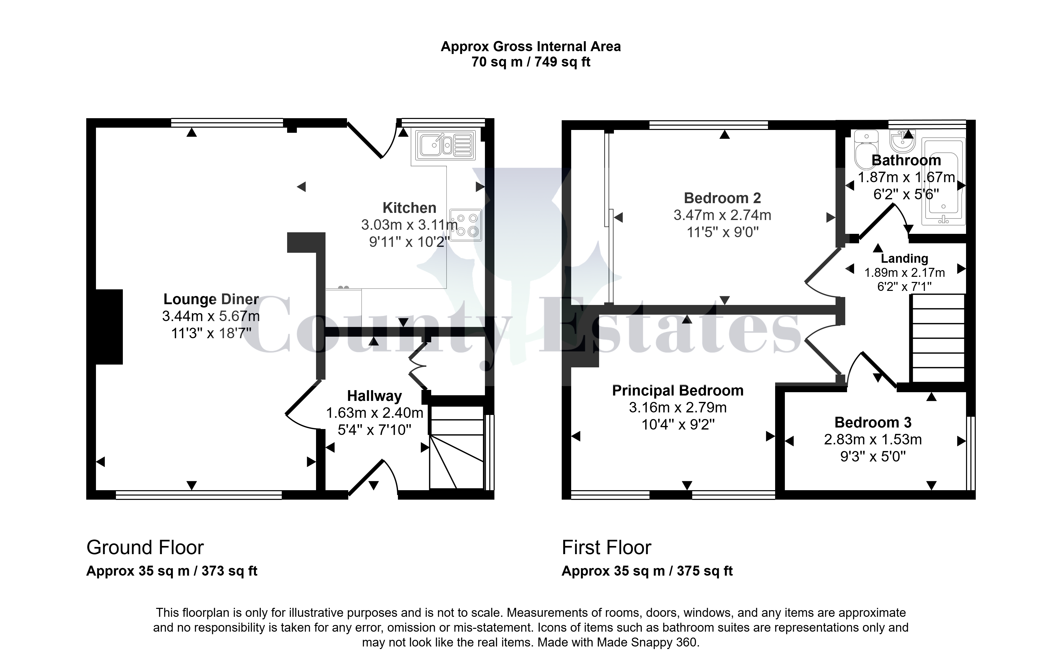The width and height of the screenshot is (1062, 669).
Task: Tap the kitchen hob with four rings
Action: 466,225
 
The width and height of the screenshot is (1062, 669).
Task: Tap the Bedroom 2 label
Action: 722,198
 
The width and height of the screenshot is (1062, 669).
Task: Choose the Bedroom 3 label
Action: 873,422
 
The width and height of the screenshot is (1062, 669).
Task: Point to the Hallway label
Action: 374,396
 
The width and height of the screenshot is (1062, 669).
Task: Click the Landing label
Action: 905,258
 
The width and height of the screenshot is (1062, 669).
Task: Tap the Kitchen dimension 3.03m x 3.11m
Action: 409,225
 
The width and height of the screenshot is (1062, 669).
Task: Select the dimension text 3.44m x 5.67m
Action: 211,316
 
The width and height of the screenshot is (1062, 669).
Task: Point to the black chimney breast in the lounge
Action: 109,327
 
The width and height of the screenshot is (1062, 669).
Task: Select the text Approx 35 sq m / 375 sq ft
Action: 647,571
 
